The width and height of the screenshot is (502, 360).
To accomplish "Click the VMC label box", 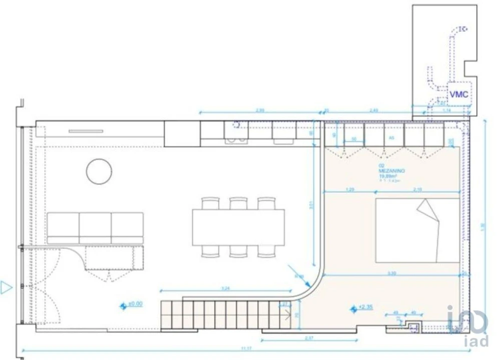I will tap(459, 94).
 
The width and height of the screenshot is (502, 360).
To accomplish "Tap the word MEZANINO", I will tap(391, 170).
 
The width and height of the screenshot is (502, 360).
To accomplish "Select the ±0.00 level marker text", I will tap(136, 303).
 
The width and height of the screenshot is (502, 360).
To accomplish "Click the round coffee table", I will tap(99, 171).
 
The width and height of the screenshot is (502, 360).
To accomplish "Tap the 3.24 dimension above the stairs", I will tap(225, 288).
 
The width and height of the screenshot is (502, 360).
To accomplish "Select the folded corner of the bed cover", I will tap(428, 209).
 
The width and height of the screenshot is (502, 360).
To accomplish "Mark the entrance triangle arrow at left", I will tap(7, 287).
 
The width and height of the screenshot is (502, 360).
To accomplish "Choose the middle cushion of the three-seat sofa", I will tap(95, 227).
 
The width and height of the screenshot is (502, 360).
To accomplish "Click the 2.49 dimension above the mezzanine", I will tap(373, 110).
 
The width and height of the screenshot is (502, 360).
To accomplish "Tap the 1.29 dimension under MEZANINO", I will tap(350, 189).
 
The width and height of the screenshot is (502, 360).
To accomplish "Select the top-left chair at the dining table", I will tap(210, 202).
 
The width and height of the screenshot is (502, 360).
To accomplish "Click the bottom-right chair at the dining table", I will tap(266, 251).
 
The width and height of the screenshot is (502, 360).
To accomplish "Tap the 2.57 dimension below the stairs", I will tap(309, 338).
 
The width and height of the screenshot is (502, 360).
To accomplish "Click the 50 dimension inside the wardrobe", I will tap(354, 140).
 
